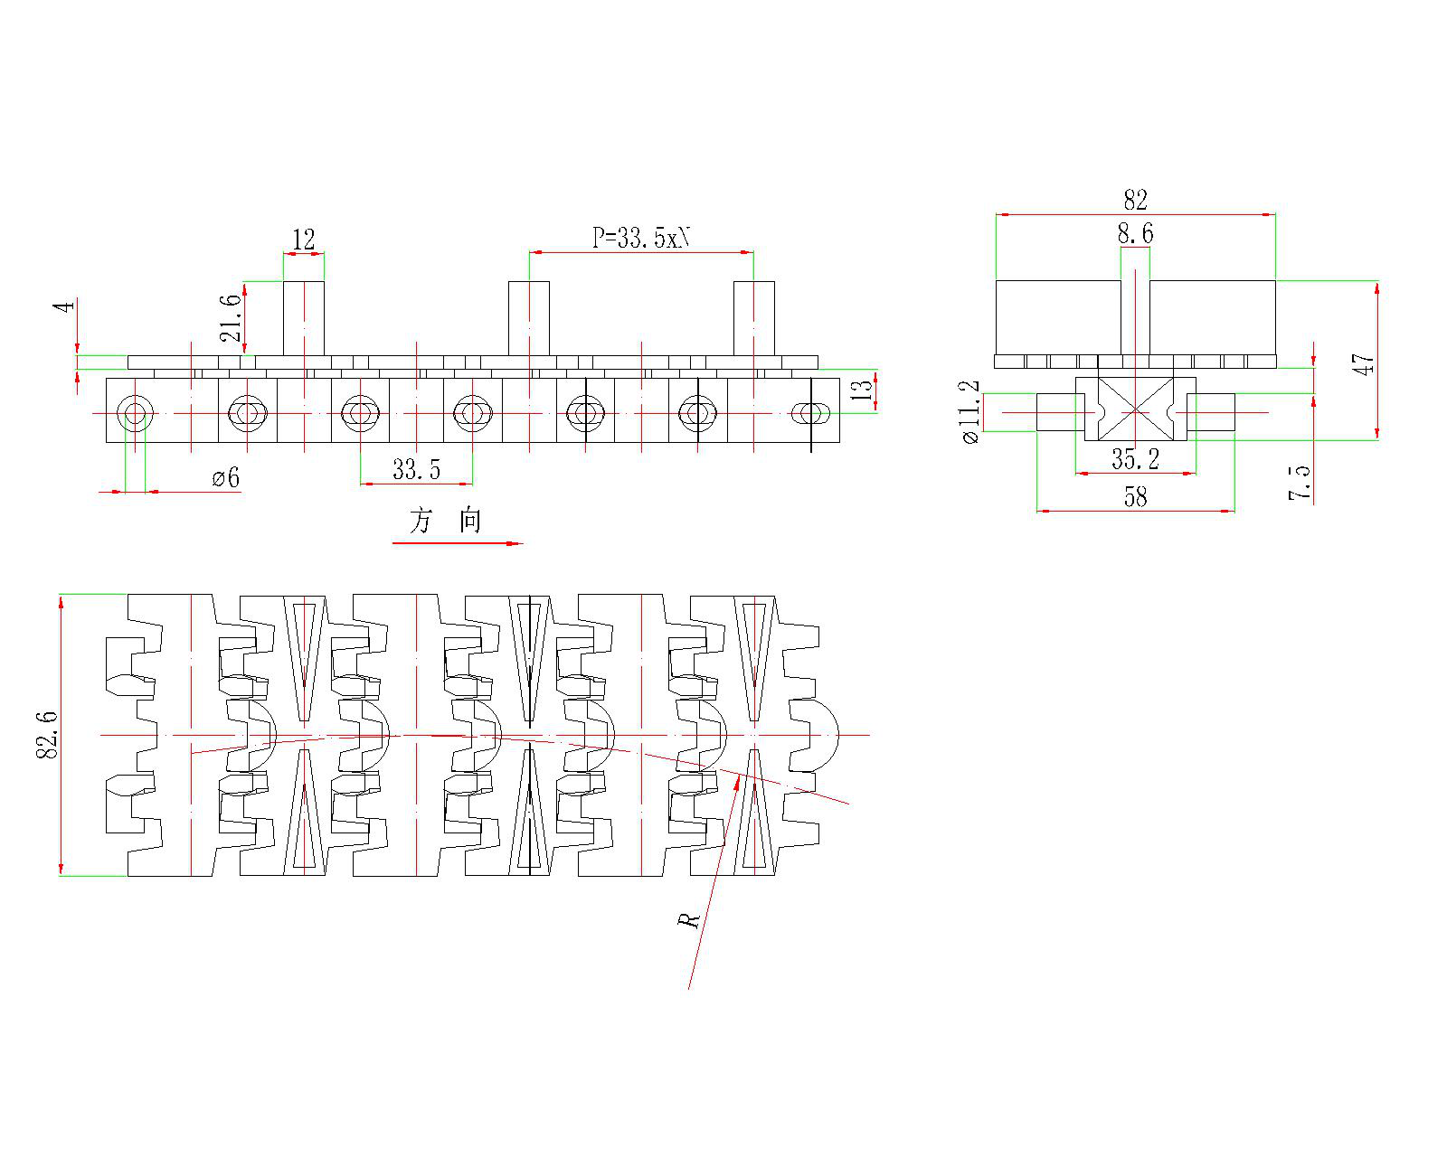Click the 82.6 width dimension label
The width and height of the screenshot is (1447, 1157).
point(47,734)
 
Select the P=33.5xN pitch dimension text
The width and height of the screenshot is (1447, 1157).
point(641,238)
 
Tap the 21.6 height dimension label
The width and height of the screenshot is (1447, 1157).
point(232,317)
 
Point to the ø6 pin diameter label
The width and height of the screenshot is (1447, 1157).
point(226,477)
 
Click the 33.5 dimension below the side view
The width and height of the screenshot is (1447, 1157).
point(416,469)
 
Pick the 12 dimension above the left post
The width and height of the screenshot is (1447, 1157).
point(304,240)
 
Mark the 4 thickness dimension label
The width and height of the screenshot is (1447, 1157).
point(64,306)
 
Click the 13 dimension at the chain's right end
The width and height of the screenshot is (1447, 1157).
point(864,390)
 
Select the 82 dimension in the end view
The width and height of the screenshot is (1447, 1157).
point(1135,200)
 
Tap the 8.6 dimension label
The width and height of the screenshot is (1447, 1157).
point(1135,234)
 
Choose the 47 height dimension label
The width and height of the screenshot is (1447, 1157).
point(1366,364)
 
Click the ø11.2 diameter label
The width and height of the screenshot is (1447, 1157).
point(969,411)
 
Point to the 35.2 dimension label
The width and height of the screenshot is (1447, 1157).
point(1135,459)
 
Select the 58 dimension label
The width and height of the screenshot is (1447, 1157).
point(1135,497)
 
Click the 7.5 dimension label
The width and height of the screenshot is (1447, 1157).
point(1299,482)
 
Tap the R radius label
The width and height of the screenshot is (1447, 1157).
point(689,920)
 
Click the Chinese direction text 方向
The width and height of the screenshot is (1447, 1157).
point(446,521)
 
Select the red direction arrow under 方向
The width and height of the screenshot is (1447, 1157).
point(458,543)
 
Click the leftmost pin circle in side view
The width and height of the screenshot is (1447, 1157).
point(135,414)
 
